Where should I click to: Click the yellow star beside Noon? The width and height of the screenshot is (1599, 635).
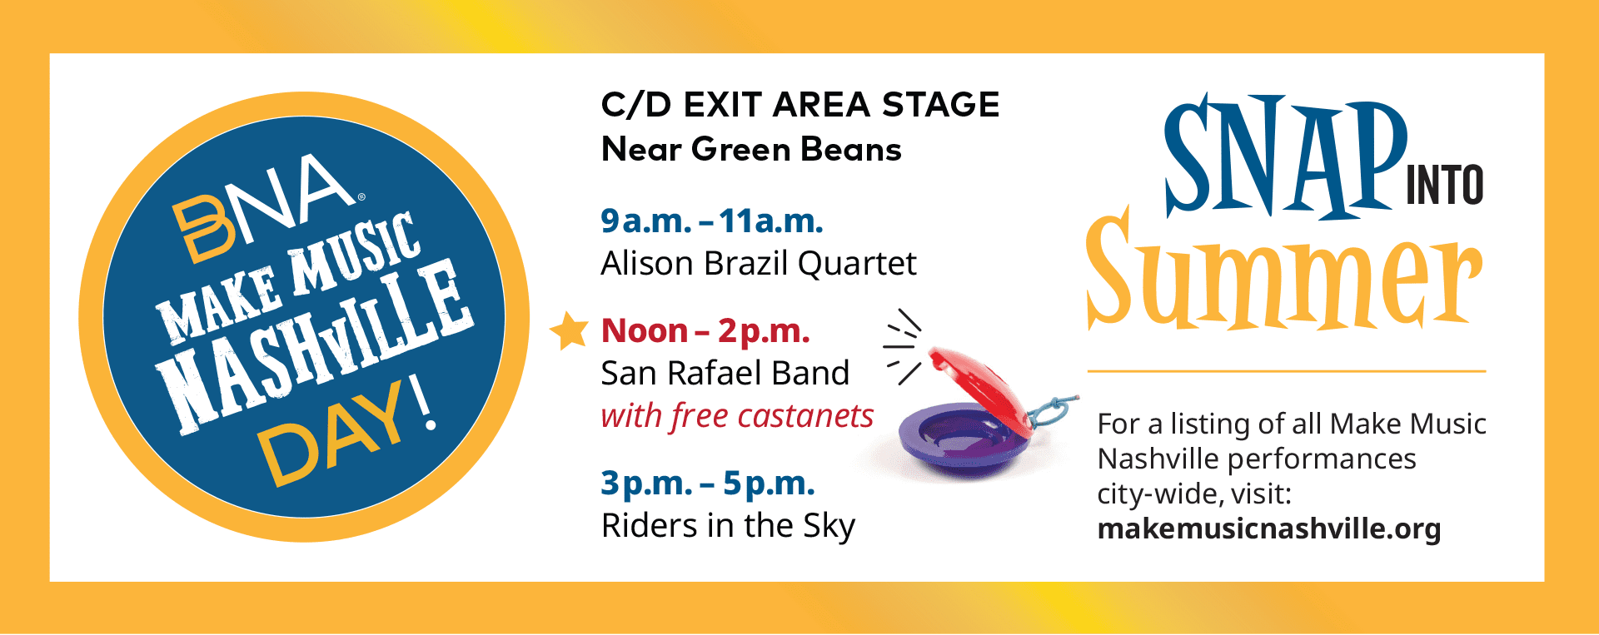[570, 330]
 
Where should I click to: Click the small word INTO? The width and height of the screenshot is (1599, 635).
[1444, 185]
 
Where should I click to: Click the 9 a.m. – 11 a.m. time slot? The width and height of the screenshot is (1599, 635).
[712, 221]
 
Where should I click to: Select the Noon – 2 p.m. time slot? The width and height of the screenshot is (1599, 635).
[705, 331]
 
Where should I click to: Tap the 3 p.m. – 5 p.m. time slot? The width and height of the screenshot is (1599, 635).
[708, 483]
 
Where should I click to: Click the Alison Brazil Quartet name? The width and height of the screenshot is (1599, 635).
[759, 264]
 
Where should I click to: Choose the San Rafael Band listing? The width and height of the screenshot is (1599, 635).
[725, 373]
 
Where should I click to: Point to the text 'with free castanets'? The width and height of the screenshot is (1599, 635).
[737, 415]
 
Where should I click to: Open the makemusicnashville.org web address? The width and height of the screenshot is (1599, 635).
[1269, 529]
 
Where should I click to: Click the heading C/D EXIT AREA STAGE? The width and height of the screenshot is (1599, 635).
[800, 105]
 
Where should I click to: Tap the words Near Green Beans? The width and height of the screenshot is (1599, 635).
[751, 150]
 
